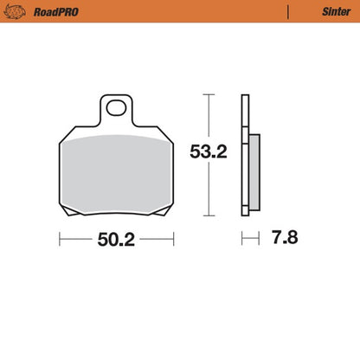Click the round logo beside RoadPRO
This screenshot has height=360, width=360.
click(15, 11)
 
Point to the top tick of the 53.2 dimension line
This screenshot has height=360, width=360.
click(208, 93)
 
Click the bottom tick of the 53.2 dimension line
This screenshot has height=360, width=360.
click(208, 214)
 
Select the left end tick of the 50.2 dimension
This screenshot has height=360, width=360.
click(59, 238)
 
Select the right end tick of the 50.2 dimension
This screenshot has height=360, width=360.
click(175, 238)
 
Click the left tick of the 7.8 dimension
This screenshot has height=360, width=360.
click(243, 238)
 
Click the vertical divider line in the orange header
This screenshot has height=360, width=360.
click(287, 11)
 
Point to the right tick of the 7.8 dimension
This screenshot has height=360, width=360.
click(258, 238)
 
